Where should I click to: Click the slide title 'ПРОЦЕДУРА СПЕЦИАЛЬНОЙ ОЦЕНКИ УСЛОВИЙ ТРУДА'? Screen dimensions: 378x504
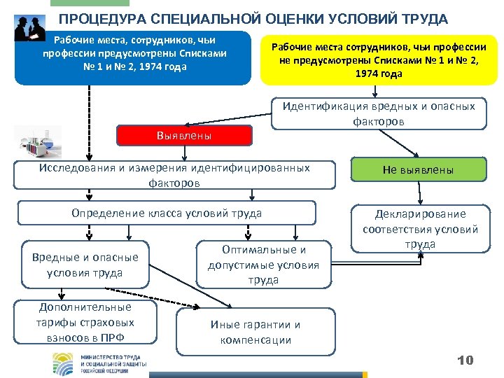[253, 19]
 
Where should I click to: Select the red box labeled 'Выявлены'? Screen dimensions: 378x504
[184, 135]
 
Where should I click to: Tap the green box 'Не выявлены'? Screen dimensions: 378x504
[417, 170]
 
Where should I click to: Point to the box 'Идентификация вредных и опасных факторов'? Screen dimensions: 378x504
[379, 113]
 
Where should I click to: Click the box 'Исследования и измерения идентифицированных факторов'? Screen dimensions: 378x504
[174, 175]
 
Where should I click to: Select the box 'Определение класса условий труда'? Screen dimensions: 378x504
[167, 213]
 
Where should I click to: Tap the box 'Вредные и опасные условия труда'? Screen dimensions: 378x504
[85, 265]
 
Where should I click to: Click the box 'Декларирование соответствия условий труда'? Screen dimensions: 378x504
[420, 229]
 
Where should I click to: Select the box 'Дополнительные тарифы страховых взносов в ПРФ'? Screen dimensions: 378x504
[85, 323]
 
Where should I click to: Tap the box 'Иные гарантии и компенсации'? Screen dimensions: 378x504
[255, 332]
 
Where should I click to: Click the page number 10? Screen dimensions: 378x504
[465, 360]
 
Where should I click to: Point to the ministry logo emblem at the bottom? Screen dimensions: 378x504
[66, 363]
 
